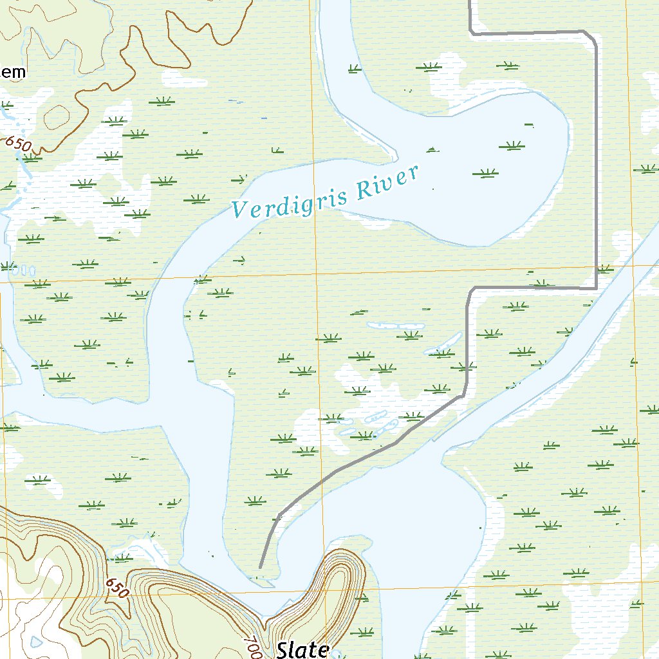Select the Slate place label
coord(302,649)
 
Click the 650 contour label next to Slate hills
coord(117,587)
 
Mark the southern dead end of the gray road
coord(260,568)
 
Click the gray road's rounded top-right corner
coord(593,37)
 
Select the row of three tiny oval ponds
coord(23,268)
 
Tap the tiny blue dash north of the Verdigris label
coord(264,118)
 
